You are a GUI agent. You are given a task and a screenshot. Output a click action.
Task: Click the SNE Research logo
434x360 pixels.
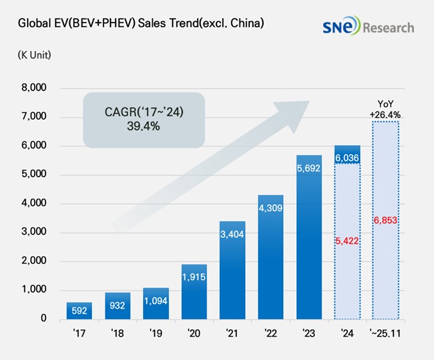tap(369, 27)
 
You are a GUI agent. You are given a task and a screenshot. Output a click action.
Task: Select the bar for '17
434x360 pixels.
tap(79, 311)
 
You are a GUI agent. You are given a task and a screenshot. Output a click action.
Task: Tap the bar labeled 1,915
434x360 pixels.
tap(194, 292)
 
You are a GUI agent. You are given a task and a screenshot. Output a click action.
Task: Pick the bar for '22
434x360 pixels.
tap(270, 257)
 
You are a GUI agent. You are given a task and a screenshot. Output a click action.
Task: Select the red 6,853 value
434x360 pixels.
tap(386, 220)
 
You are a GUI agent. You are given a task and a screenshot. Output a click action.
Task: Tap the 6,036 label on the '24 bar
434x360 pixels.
tap(347, 156)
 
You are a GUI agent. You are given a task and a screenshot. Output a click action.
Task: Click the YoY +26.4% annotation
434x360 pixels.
tap(385, 110)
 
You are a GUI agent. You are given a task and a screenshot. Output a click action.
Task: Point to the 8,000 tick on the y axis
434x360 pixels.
tap(33, 88)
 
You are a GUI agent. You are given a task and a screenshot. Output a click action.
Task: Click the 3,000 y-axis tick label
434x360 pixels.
tap(33, 232)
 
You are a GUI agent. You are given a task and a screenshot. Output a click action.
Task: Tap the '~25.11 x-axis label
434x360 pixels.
tap(386, 334)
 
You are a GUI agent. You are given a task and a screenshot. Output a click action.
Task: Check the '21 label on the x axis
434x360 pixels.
tap(232, 334)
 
